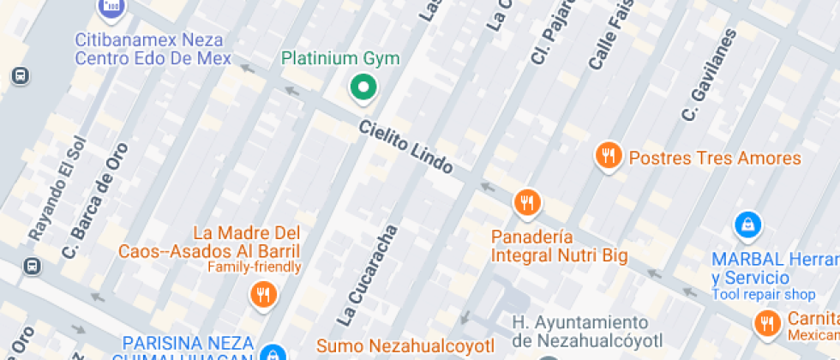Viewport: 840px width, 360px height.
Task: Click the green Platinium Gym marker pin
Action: click(x=363, y=87)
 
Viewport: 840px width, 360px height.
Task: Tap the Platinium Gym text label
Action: click(x=341, y=58)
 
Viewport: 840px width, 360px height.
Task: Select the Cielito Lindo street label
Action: click(x=405, y=146)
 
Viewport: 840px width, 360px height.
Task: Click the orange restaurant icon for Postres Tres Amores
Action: click(x=609, y=156)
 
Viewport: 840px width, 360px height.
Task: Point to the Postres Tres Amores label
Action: click(x=715, y=159)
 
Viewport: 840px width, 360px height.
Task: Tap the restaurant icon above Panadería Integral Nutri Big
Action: click(x=526, y=203)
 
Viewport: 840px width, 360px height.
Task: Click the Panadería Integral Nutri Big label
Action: click(x=559, y=246)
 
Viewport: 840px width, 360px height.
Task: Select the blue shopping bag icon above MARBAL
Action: click(x=748, y=225)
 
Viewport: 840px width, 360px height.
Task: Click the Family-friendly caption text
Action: click(x=255, y=267)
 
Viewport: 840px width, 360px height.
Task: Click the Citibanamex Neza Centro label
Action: click(x=153, y=49)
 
